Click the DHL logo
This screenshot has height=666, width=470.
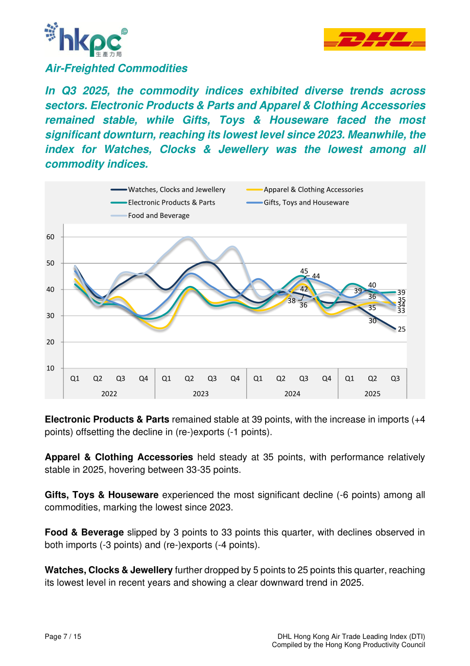tap(374, 39)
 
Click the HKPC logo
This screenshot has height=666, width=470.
tap(86, 39)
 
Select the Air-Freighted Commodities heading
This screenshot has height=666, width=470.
tap(116, 69)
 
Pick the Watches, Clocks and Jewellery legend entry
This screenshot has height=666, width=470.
tap(168, 189)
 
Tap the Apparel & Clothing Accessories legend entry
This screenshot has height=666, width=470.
tap(304, 189)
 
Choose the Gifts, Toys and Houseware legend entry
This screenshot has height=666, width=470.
tap(297, 203)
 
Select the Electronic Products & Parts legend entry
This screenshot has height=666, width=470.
tap(162, 203)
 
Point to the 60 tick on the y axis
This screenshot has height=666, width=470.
tap(50, 237)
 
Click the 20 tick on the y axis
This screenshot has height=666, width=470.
tap(50, 342)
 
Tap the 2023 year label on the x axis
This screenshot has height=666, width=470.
tap(201, 394)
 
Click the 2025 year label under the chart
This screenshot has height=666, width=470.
tap(372, 394)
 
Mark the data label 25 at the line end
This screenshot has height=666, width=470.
tap(402, 329)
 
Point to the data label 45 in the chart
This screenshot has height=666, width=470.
tap(304, 271)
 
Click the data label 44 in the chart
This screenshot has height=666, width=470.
tap(316, 276)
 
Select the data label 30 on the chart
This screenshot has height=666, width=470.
tap(372, 321)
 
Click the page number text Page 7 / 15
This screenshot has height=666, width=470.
tap(63, 636)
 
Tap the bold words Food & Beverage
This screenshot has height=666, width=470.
tap(84, 532)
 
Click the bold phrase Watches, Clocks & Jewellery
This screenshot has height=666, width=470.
tap(109, 570)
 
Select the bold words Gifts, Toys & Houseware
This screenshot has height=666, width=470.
tap(102, 495)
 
